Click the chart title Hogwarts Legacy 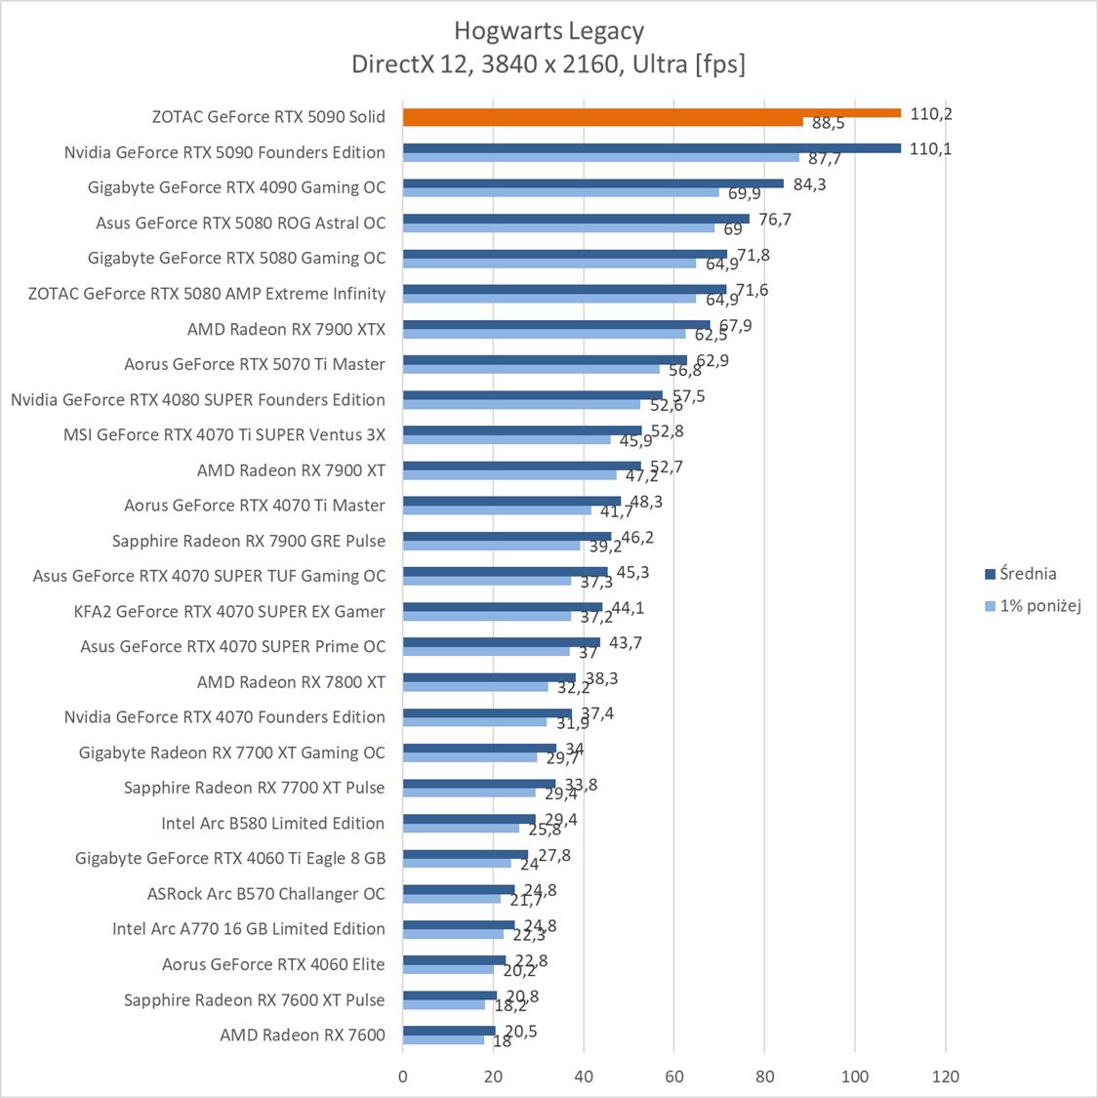(549, 31)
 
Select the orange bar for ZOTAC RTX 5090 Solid (651, 112)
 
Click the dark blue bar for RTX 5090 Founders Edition (651, 148)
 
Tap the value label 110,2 (930, 113)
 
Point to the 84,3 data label (809, 183)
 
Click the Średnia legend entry (1028, 574)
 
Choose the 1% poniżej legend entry (1040, 606)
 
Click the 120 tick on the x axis (945, 1077)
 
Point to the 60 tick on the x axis (674, 1077)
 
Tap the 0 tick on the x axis (403, 1077)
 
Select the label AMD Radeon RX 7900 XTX (286, 329)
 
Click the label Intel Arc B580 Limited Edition (272, 823)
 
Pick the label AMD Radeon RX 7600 (303, 1035)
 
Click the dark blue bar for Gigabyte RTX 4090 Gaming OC (593, 183)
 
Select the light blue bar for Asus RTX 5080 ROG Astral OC (558, 227)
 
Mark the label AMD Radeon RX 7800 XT (291, 681)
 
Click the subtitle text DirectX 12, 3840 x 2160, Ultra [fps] (549, 64)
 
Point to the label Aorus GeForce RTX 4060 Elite (273, 964)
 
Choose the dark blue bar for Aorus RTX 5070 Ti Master (545, 360)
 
